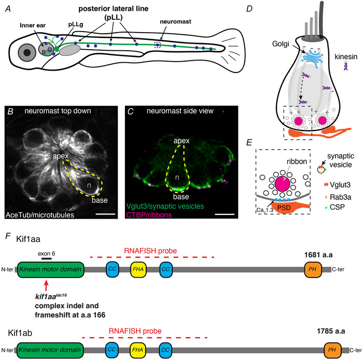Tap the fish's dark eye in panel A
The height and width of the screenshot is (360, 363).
click(x=25, y=53)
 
